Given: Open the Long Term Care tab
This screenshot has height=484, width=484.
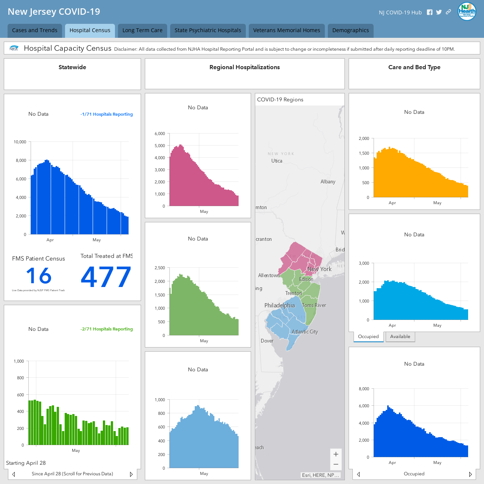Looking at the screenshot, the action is (143, 30).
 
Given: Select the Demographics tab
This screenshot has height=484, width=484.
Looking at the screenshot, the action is (351, 30).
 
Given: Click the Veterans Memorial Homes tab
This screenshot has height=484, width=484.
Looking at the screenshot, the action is (287, 30).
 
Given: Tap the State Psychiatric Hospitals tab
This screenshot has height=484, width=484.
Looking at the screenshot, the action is (208, 30).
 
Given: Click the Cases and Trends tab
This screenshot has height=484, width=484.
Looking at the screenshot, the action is (35, 30).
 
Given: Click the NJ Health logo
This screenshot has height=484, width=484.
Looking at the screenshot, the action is (467, 11).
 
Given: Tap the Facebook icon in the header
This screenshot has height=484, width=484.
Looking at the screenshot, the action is (430, 12).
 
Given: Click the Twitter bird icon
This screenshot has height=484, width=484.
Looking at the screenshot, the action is (439, 12).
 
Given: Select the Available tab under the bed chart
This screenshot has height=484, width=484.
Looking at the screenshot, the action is (400, 337).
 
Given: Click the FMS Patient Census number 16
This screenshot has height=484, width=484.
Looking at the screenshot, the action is (39, 276).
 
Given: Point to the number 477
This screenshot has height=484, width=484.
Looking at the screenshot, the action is (106, 276).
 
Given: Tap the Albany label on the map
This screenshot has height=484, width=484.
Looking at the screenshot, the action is (328, 181).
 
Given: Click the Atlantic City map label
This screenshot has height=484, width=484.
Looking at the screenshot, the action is (305, 332).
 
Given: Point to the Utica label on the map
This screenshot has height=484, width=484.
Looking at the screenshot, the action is (277, 161).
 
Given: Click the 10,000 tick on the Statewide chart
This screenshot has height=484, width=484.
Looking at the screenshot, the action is (20, 142).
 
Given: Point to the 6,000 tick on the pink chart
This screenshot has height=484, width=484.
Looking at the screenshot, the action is (160, 133).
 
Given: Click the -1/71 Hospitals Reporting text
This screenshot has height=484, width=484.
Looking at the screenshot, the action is (107, 114).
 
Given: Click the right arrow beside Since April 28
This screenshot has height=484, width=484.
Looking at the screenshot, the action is (131, 474).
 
